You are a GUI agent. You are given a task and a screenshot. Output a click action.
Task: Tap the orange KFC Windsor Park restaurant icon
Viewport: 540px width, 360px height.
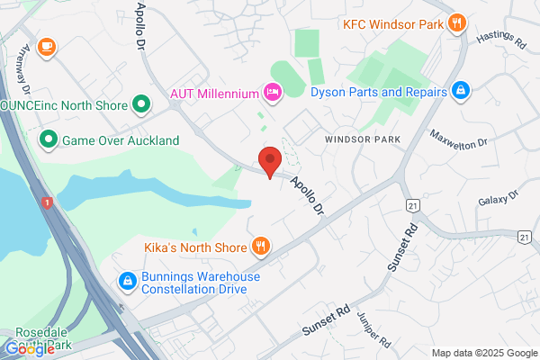click(458, 23)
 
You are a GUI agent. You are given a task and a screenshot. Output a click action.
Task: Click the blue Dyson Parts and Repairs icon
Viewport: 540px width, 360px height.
click(461, 92)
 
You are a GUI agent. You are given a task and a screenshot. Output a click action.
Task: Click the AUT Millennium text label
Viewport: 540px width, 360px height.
click(214, 93)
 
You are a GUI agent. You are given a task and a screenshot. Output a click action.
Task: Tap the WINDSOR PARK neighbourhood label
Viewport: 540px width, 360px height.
click(361, 140)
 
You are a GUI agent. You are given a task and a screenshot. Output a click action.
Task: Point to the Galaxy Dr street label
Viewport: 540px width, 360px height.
click(499, 197)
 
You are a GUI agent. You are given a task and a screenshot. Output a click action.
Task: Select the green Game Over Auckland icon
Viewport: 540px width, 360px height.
click(47, 140)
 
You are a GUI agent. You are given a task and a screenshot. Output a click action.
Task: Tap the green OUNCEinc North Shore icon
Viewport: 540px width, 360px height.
click(140, 105)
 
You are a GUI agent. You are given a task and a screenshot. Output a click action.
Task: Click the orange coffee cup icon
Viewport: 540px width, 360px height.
click(46, 45)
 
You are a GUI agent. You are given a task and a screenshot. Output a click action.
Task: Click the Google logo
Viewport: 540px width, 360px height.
click(30, 347)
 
